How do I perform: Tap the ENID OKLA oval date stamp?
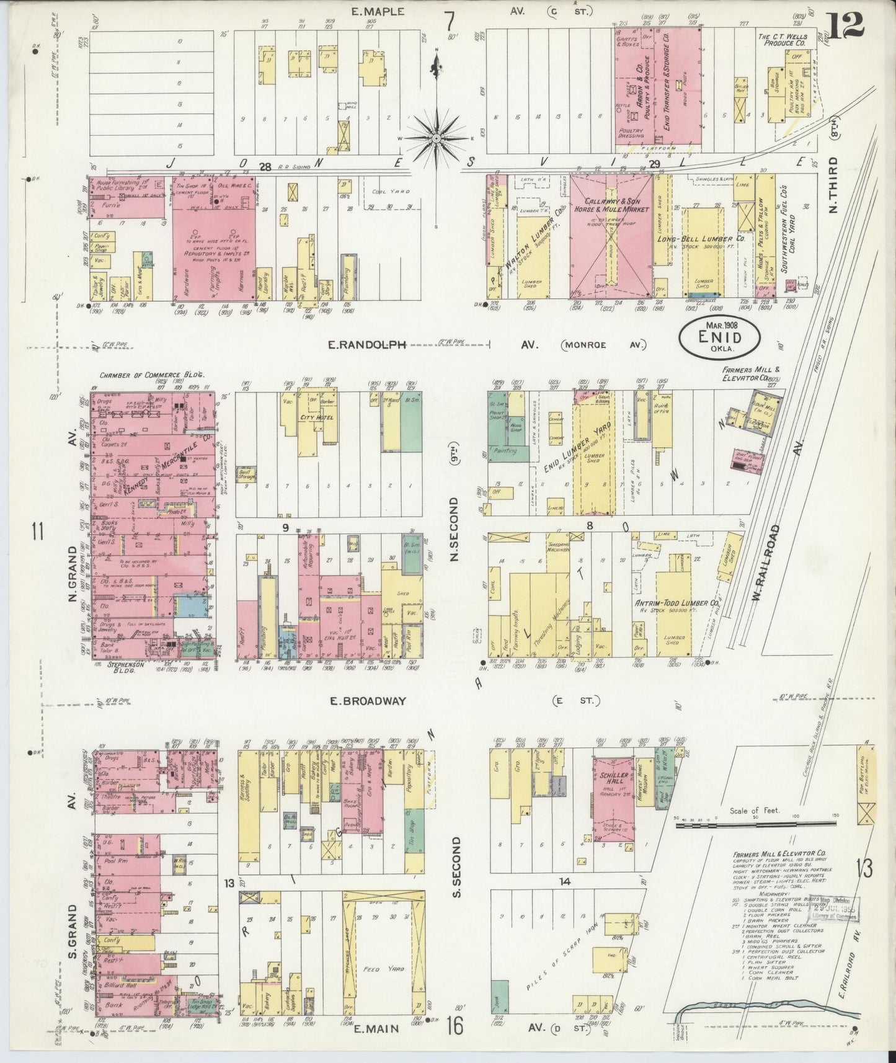click(x=719, y=339)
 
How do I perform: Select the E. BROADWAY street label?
click(x=368, y=701)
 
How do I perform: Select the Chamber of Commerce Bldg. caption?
click(x=152, y=375)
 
